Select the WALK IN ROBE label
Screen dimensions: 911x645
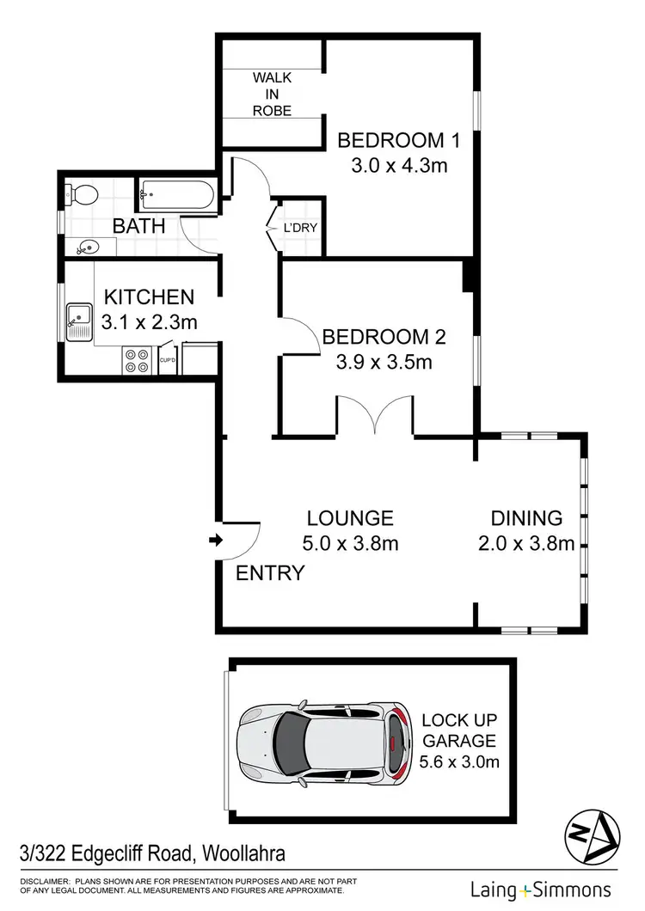[x=272, y=94]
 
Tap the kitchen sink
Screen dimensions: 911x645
[x=79, y=320]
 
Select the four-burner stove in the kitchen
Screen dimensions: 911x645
[x=136, y=359]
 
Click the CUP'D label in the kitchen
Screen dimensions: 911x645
[x=169, y=360]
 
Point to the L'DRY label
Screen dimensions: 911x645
[x=301, y=229]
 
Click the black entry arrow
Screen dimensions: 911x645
[x=215, y=541]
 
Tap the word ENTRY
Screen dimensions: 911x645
[x=270, y=573]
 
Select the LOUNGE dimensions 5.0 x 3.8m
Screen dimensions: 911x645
[x=351, y=543]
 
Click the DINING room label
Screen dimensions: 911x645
[x=526, y=518]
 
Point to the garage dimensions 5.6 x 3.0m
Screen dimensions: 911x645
[x=460, y=761]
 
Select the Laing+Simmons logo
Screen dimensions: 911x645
[x=540, y=890]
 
